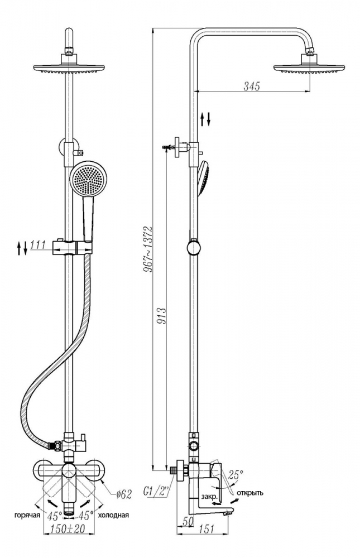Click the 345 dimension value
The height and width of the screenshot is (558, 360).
coord(252,86)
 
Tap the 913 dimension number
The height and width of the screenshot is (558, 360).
coord(162,315)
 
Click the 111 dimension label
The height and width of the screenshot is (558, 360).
coord(38,245)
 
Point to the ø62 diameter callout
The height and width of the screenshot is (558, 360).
coord(124,494)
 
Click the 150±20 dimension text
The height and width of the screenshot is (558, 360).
coord(68,529)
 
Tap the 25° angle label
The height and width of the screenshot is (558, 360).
coord(236,474)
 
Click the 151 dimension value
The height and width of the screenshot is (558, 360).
coord(206,529)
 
